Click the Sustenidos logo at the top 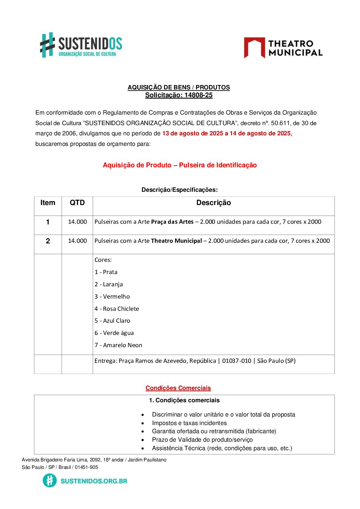click(81, 45)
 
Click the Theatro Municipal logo click(283, 48)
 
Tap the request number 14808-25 click(198, 95)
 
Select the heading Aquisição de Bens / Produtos click(179, 87)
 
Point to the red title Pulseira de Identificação click(218, 165)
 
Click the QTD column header click(77, 203)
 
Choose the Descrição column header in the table click(213, 203)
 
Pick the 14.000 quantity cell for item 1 click(77, 222)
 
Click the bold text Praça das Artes click(172, 222)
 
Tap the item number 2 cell click(48, 241)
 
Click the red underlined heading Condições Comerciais click(178, 388)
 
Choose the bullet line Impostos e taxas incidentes click(189, 423)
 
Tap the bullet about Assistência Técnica click(222, 448)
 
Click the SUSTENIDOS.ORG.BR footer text click(94, 481)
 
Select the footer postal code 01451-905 click(86, 467)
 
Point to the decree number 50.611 click(280, 123)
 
